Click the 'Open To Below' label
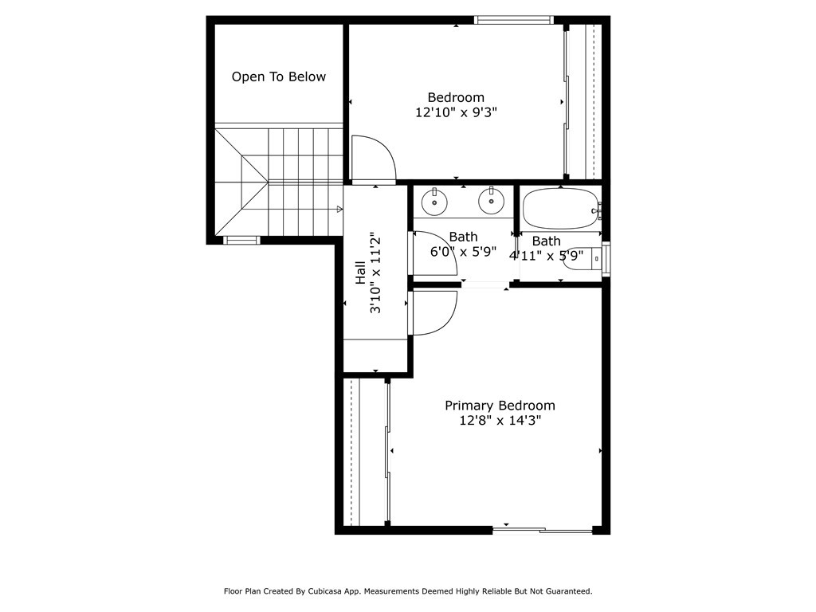tap(278, 77)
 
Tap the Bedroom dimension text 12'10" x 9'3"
tap(456, 113)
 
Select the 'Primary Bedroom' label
tap(500, 406)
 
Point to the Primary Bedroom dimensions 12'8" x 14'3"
tap(500, 422)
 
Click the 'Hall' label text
tap(360, 273)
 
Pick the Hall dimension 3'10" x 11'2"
tap(376, 273)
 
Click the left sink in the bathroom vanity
tap(434, 202)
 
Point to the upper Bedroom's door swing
tap(373, 158)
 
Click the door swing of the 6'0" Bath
tap(432, 253)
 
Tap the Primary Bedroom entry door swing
tap(433, 312)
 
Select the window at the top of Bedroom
tap(513, 20)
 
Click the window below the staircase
tap(241, 240)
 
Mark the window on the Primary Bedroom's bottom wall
tap(543, 529)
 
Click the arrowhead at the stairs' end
tap(339, 210)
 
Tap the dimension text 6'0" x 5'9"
tap(463, 252)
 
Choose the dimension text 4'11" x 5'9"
tap(547, 256)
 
